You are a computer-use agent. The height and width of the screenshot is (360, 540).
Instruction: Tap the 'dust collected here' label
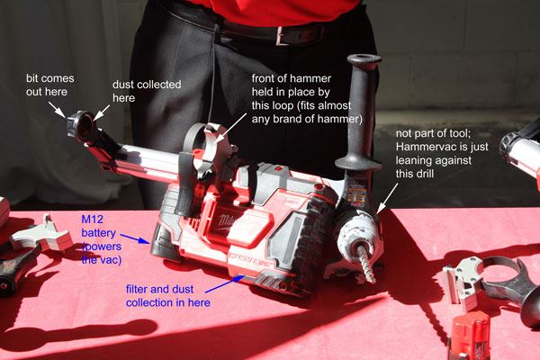pyautogui.click(x=146, y=91)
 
